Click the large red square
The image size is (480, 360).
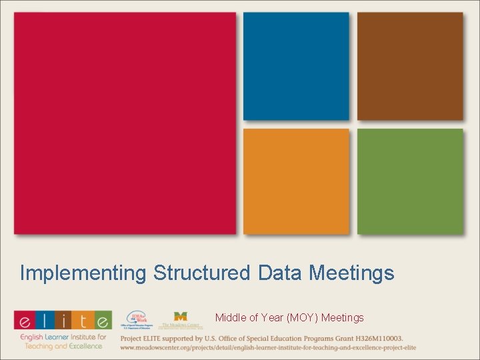click(x=125, y=123)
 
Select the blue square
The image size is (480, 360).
click(x=296, y=66)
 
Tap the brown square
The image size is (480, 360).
click(x=410, y=66)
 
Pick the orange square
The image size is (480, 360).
click(x=296, y=181)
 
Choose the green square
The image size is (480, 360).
click(x=410, y=181)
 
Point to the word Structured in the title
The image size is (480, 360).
click(x=201, y=273)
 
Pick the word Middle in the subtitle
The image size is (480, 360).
click(x=229, y=317)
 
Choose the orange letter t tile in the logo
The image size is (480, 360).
click(x=83, y=321)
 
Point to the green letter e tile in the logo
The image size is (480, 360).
click(x=103, y=321)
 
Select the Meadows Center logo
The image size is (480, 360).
click(x=180, y=320)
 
